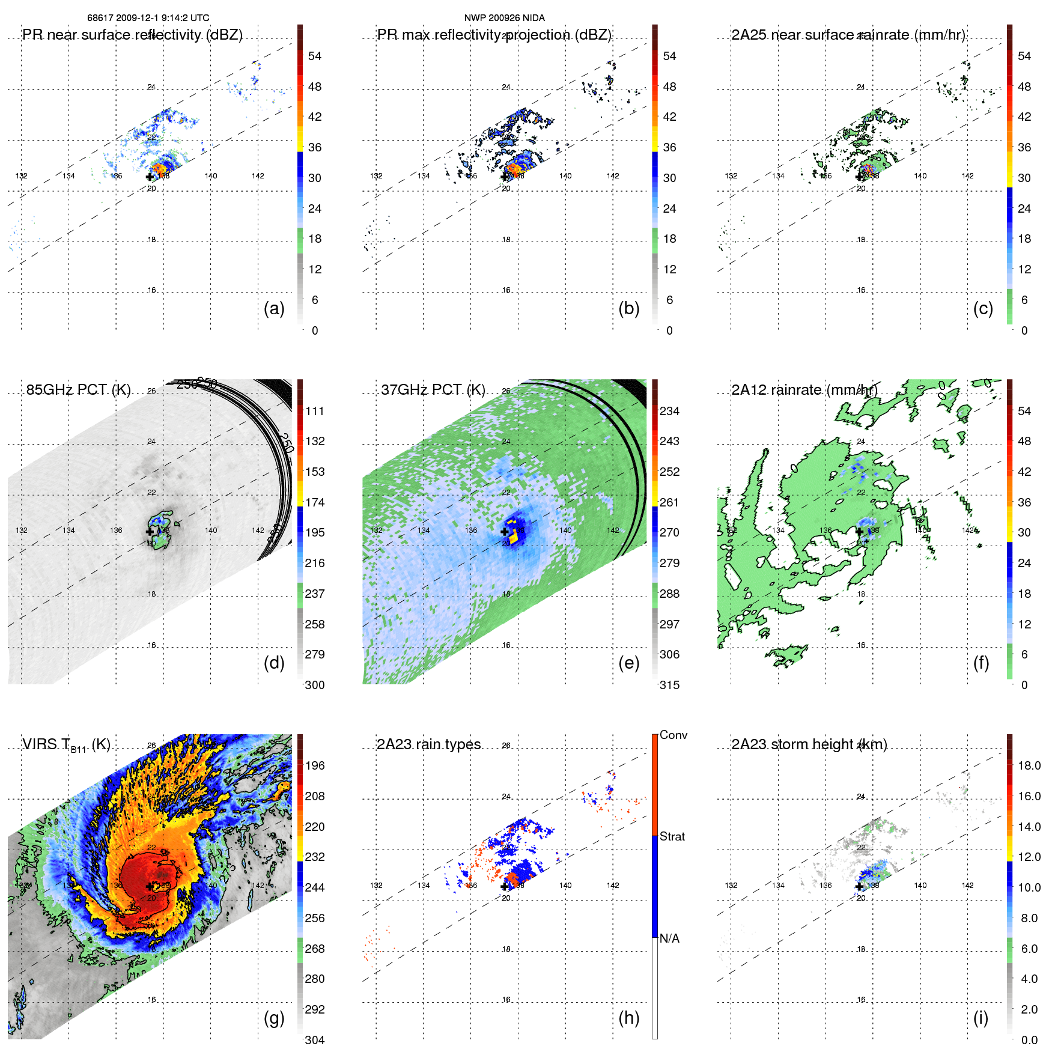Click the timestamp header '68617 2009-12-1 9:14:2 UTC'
[148, 18]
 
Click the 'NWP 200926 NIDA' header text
[504, 18]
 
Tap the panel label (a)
[274, 308]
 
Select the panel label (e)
[628, 663]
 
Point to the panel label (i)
[980, 1018]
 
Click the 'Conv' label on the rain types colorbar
[673, 735]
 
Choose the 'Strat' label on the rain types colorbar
[672, 836]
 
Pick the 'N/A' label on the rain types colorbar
[669, 938]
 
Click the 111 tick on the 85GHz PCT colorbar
[315, 411]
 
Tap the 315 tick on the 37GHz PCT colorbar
[669, 685]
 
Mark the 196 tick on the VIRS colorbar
[315, 765]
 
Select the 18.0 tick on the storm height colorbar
[1029, 765]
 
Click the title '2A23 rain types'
[429, 744]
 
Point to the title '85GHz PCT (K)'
[78, 390]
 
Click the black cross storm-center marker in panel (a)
[150, 177]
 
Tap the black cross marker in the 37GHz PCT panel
[505, 532]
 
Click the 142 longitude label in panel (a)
[258, 176]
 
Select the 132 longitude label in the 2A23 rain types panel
[376, 886]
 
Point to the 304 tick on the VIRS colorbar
[315, 1040]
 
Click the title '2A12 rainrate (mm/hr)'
[804, 390]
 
